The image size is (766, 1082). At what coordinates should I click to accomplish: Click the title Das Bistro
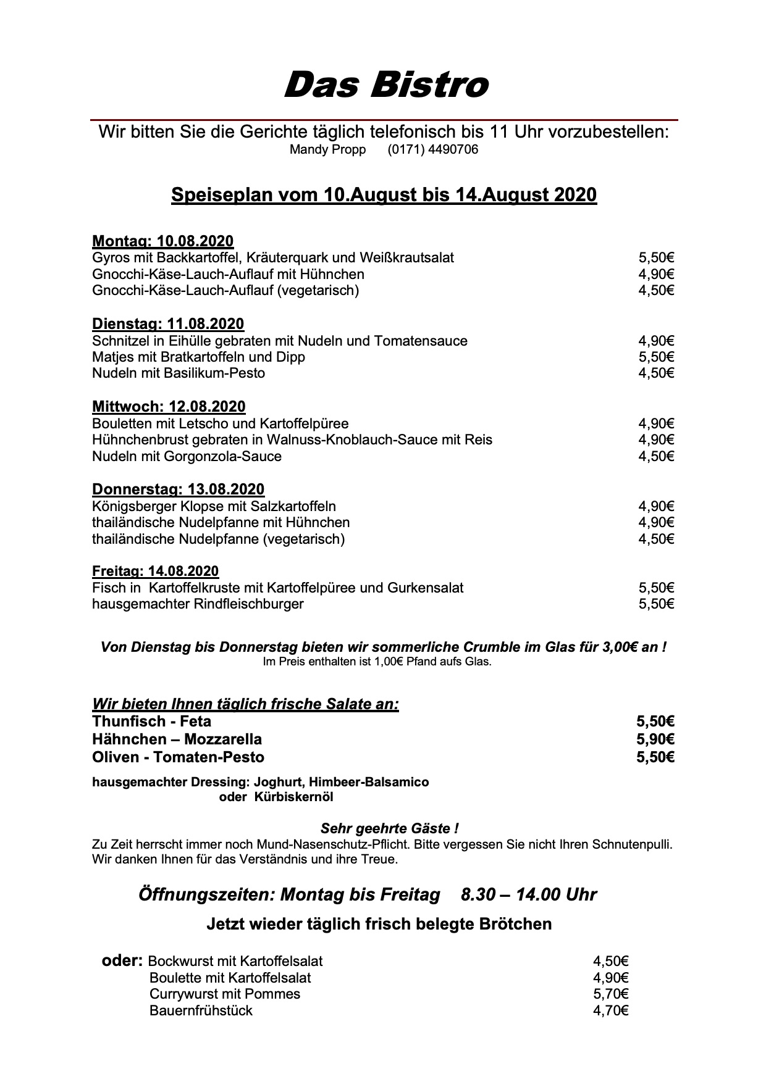pyautogui.click(x=385, y=85)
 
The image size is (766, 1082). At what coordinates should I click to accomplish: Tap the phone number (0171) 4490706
pyautogui.click(x=432, y=150)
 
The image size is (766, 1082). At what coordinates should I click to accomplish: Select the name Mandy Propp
pyautogui.click(x=327, y=150)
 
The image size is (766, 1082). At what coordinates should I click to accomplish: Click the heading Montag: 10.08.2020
pyautogui.click(x=162, y=241)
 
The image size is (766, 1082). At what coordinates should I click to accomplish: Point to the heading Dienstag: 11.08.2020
pyautogui.click(x=168, y=324)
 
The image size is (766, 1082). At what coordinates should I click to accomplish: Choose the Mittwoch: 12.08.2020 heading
pyautogui.click(x=169, y=407)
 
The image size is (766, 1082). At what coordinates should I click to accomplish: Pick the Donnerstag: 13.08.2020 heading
pyautogui.click(x=178, y=489)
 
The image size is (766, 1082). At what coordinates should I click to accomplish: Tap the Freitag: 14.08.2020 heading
pyautogui.click(x=155, y=572)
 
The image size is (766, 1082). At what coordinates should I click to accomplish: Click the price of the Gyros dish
pyautogui.click(x=656, y=257)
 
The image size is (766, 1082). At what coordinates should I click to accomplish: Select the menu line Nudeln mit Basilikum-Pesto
pyautogui.click(x=179, y=373)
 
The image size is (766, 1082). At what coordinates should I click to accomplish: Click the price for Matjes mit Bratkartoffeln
pyautogui.click(x=656, y=357)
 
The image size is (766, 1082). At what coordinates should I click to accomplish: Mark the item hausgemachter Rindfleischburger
pyautogui.click(x=198, y=604)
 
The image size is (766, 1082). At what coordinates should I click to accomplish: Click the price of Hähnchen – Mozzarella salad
pyautogui.click(x=655, y=739)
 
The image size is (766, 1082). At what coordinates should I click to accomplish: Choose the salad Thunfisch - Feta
pyautogui.click(x=151, y=722)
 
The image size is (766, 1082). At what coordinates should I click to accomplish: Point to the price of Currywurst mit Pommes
pyautogui.click(x=610, y=994)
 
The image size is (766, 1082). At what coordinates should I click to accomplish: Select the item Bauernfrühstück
pyautogui.click(x=201, y=1011)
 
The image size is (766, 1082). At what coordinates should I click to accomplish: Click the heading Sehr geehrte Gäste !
pyautogui.click(x=389, y=828)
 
